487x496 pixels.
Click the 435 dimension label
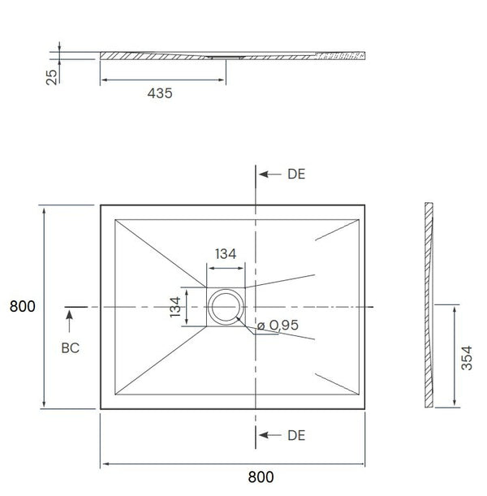pyautogui.click(x=160, y=93)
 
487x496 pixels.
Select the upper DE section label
pyautogui.click(x=296, y=175)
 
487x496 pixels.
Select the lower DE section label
pyautogui.click(x=296, y=436)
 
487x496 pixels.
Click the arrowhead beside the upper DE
pyautogui.click(x=264, y=175)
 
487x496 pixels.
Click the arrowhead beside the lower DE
pyautogui.click(x=264, y=436)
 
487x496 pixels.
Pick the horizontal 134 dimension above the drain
pyautogui.click(x=226, y=253)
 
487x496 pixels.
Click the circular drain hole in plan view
pyautogui.click(x=226, y=307)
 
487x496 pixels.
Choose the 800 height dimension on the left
pyautogui.click(x=22, y=307)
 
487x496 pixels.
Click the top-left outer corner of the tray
pyautogui.click(x=101, y=205)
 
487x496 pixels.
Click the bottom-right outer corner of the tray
pyautogui.click(x=372, y=408)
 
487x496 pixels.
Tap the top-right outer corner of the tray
pyautogui.click(x=372, y=205)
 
